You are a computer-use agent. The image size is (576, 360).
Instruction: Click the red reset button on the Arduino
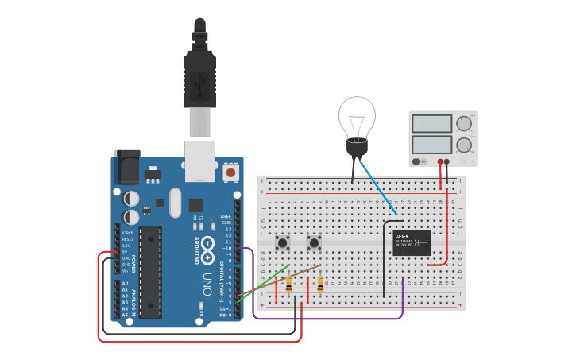coord(230,171)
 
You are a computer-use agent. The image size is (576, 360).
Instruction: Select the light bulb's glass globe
coord(356,118)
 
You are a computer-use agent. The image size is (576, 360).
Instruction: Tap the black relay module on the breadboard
coord(412,242)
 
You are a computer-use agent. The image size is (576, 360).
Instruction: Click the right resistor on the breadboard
coord(320,283)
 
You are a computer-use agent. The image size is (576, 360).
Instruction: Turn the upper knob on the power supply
coord(464,123)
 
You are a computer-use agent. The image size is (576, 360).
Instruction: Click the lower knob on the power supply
coord(464,145)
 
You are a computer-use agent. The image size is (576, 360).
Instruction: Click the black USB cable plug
coord(199,75)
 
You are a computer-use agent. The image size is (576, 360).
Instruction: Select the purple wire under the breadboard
coord(334,319)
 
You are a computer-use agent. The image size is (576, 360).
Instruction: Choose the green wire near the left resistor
coord(262,286)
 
